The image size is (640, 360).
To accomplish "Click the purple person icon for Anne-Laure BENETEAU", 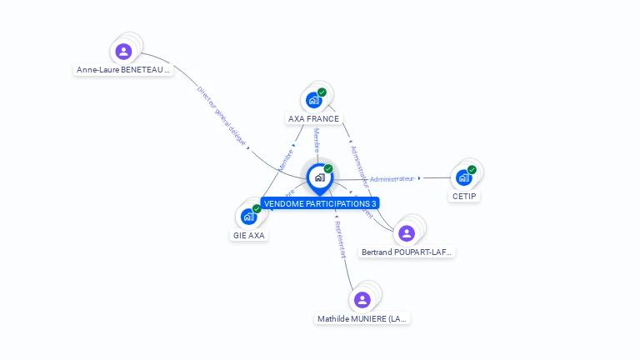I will coord(124,52).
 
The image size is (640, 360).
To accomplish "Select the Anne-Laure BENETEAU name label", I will coord(123,70).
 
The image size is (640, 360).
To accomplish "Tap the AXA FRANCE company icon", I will coord(313,100).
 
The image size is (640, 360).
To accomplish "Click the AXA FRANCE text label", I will coord(313,118).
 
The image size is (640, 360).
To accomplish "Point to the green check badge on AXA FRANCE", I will coord(322,92).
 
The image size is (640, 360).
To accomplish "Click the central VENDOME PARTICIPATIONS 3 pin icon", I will coord(319,177).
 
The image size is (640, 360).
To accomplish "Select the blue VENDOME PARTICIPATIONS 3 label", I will coord(320,203).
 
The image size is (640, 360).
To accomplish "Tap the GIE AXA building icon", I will coord(248,217).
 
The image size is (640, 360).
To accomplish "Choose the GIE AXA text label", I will coord(248,235).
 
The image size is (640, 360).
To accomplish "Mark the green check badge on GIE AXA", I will coord(257,209).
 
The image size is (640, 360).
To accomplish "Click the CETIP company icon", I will coord(463,177).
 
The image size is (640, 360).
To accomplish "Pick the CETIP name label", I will coord(464,196).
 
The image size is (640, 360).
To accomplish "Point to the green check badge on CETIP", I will coord(472,170).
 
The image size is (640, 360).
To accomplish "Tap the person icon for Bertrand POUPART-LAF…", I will coord(407,232).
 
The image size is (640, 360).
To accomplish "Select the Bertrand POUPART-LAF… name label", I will coord(407,252).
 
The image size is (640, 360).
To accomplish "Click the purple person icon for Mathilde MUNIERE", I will coord(362,300).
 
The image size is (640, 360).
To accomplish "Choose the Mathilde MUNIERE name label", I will coord(362,318).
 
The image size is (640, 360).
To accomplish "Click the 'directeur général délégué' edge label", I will coord(222,115).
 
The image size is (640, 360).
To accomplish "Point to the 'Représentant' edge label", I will coord(338,240).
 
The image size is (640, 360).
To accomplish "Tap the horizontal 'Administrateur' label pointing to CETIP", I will coord(392,178).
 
